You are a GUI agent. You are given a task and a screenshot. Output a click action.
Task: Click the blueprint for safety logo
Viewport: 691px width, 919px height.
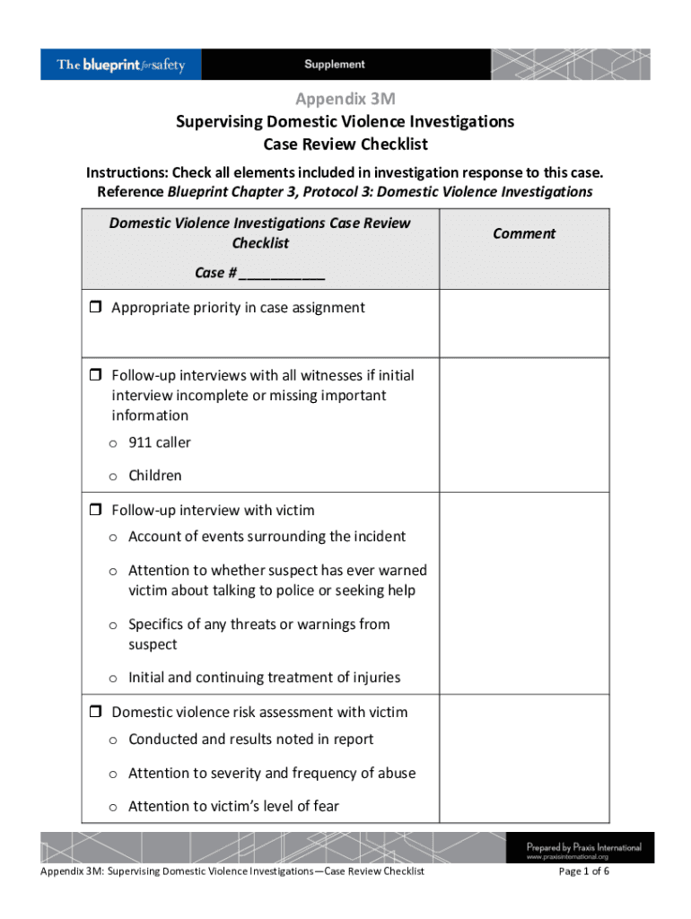[121, 65]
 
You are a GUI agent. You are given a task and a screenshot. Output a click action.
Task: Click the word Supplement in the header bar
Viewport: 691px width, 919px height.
[334, 65]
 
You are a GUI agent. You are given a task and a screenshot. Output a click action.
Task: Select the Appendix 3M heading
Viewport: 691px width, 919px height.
[345, 99]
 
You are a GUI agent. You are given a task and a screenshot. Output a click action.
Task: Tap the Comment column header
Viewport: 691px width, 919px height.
[523, 233]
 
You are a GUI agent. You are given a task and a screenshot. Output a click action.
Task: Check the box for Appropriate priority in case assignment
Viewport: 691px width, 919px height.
[95, 309]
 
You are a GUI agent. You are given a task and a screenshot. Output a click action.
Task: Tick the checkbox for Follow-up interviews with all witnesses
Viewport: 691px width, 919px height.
[95, 375]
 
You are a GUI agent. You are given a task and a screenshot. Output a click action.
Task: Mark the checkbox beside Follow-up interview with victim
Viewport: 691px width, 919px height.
[95, 511]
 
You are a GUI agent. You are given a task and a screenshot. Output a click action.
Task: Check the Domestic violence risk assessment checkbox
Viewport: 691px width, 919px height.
[95, 713]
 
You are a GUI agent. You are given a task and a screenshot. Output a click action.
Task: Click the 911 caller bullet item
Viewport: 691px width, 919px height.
[159, 442]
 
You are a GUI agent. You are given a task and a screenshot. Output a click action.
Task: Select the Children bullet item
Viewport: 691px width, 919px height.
[154, 476]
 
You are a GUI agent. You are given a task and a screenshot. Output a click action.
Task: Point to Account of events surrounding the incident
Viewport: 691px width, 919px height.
[267, 537]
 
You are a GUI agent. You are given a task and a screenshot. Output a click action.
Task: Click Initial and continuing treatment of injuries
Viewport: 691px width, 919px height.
[264, 678]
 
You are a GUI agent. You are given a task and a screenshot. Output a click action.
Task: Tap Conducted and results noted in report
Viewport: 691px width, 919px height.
[250, 740]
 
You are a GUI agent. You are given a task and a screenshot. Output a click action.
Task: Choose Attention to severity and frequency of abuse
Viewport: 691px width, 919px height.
[271, 773]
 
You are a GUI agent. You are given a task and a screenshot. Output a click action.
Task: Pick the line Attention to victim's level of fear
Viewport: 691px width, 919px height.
[233, 806]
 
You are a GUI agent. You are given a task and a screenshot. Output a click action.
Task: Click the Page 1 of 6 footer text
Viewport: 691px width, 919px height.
[584, 871]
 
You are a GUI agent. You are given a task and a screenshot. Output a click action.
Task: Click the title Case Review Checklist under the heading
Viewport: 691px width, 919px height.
[345, 144]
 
